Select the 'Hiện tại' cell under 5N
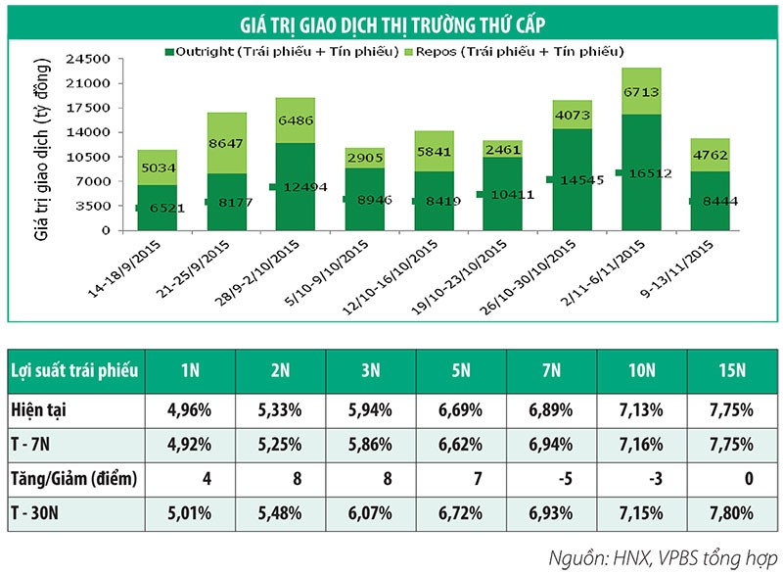pyautogui.click(x=461, y=407)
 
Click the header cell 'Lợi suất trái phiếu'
pyautogui.click(x=74, y=372)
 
